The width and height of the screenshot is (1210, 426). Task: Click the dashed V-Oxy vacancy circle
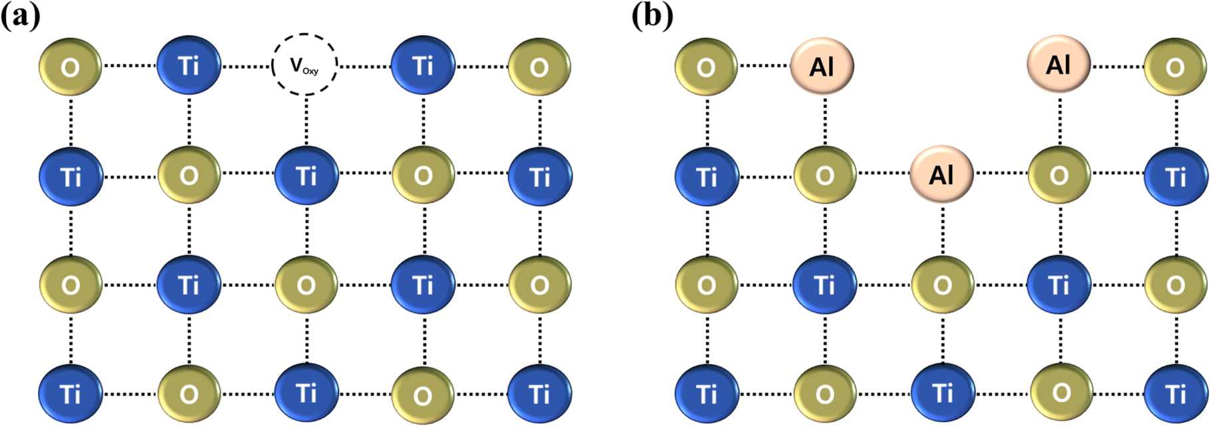[305, 65]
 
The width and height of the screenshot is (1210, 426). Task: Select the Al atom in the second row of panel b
[941, 175]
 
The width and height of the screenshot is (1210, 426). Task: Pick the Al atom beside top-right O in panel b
[1058, 65]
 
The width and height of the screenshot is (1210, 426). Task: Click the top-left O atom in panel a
[70, 66]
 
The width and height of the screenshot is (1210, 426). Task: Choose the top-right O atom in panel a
[539, 66]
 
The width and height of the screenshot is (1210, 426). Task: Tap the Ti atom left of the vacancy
[189, 66]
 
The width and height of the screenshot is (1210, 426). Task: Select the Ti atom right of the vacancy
[423, 66]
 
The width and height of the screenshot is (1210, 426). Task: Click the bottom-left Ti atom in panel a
[70, 394]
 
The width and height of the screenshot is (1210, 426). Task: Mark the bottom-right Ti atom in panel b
[1175, 394]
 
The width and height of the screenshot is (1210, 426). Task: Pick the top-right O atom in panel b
[1175, 67]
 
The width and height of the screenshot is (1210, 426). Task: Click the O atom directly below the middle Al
[941, 285]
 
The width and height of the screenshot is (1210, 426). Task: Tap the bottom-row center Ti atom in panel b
[941, 394]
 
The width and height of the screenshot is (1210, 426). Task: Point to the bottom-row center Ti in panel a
[306, 393]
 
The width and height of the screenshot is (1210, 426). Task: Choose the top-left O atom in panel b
[706, 67]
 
